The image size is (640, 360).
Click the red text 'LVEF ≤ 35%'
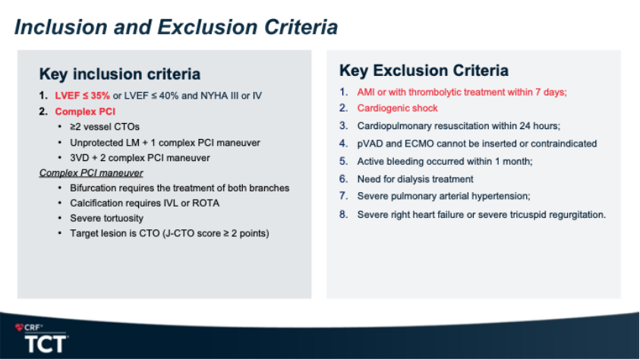[83, 96]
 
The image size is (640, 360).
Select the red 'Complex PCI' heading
[85, 112]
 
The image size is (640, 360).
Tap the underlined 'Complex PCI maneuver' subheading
[91, 173]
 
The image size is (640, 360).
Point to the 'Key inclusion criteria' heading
[120, 74]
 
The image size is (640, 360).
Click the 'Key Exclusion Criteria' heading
[424, 70]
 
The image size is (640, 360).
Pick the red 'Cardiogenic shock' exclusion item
[398, 108]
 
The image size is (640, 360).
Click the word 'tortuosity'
[123, 219]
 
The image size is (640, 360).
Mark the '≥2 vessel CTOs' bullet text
[105, 127]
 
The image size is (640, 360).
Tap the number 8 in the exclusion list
[343, 214]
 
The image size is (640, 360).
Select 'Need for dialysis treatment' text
[415, 179]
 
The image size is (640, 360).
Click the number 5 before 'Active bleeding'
[343, 161]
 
